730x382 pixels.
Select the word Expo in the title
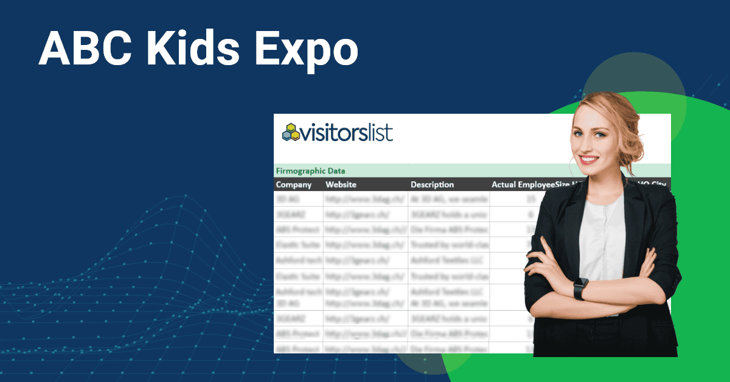coord(307,50)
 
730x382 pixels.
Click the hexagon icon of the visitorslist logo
coord(291,133)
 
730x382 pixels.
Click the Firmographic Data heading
coord(310,171)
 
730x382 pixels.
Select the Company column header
coord(294,184)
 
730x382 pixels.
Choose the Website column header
coord(341,184)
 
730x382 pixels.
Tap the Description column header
coord(432,184)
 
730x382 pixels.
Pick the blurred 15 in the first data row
coord(530,199)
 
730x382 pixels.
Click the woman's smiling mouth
coord(589,159)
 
